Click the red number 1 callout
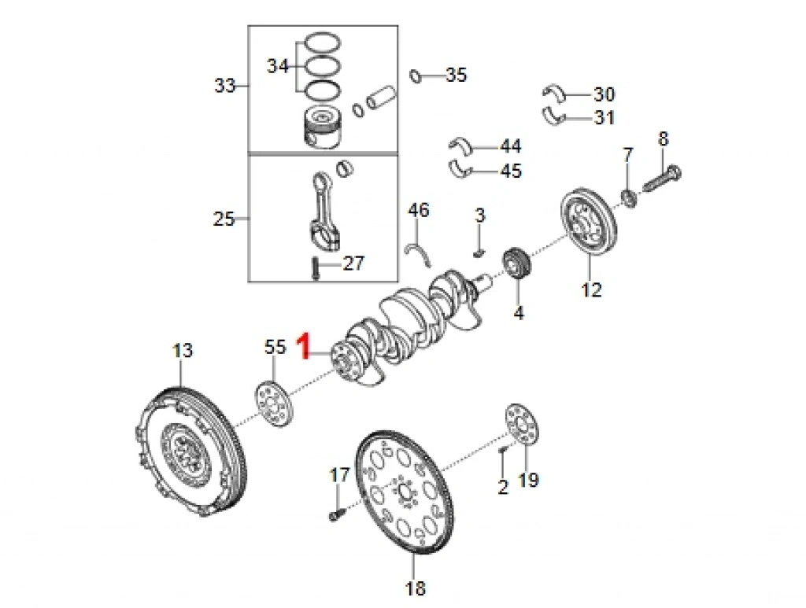(x=303, y=346)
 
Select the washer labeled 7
(x=629, y=197)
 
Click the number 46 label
(x=419, y=210)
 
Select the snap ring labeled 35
(x=416, y=76)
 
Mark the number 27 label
(x=353, y=263)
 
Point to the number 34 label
(x=277, y=66)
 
